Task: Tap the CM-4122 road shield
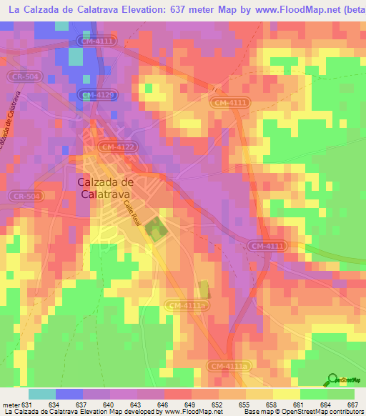point(117,147)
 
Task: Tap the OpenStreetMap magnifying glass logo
point(332,380)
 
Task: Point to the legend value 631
point(28,405)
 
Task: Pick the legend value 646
point(163,405)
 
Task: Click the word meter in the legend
point(11,405)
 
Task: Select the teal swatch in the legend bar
point(41,394)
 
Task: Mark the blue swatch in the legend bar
point(69,394)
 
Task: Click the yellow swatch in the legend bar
point(286,394)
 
